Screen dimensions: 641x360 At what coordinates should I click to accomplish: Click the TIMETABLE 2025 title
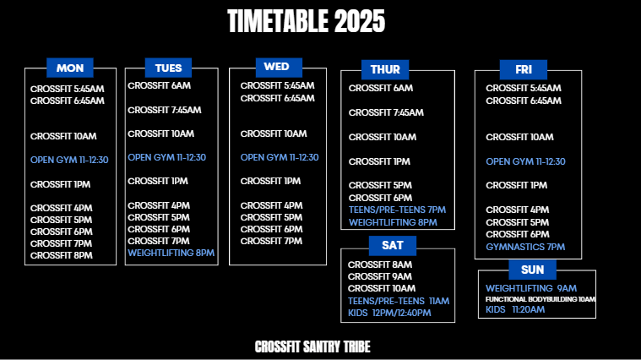coord(307,21)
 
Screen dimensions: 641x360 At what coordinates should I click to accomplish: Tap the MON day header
coord(70,68)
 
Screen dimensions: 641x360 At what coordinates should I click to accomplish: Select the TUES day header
coord(168,68)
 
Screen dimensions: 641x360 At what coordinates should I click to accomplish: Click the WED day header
coord(279,68)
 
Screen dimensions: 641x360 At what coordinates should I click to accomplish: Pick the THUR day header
coord(385,69)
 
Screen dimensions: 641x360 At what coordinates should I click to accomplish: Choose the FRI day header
coord(524,69)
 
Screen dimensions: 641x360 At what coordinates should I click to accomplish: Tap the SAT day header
coord(393,245)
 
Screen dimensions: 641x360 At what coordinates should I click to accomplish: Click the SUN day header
coord(532,270)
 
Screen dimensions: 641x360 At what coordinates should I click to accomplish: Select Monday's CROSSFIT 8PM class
coord(62,256)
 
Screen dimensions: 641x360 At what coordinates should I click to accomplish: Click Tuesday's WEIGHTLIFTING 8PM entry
coord(171,253)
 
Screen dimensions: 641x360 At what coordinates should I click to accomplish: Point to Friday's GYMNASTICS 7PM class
coord(525,247)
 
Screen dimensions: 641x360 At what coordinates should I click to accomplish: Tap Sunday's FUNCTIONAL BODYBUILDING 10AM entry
coord(540,299)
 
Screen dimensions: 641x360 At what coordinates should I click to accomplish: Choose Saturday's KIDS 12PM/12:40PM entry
coord(389,313)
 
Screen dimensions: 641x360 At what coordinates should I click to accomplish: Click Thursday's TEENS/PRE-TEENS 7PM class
coord(397,210)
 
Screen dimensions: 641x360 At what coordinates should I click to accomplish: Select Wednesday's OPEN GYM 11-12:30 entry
coord(280,157)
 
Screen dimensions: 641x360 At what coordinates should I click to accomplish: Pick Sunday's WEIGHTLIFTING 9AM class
coord(531,288)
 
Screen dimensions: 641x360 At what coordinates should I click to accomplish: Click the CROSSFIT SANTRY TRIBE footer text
coord(312,347)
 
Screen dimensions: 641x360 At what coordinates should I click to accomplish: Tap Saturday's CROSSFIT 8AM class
coord(380,265)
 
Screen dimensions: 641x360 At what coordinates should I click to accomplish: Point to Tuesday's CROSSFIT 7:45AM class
coord(165,110)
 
